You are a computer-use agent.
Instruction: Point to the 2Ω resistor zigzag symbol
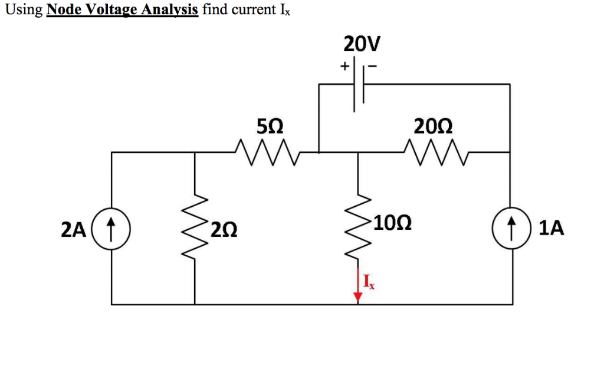(x=195, y=227)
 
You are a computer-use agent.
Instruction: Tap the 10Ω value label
(x=392, y=223)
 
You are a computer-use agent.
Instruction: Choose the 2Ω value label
(x=225, y=228)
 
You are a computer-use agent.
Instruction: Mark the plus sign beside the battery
(x=344, y=67)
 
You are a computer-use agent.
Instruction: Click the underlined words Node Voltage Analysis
(x=122, y=10)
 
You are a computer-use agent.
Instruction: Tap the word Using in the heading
(x=24, y=11)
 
